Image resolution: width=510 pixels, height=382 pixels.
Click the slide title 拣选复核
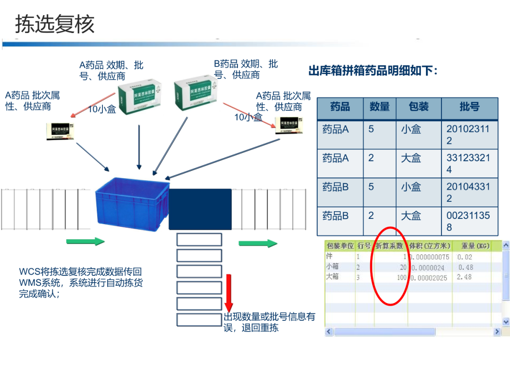click(55, 24)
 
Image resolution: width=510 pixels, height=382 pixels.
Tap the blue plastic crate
click(132, 203)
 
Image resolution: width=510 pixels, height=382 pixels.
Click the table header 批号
click(469, 107)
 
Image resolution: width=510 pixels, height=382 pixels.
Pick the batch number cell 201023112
click(468, 134)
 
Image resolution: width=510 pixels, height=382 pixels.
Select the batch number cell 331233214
click(468, 164)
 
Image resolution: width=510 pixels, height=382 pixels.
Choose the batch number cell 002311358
click(468, 221)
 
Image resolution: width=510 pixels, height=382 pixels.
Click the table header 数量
click(379, 107)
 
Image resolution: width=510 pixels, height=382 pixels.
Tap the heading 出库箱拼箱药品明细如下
click(373, 71)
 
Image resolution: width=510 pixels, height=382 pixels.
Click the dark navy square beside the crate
click(200, 209)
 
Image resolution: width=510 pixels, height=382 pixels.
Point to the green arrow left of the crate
click(85, 241)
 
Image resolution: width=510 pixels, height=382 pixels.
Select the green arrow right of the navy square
click(257, 243)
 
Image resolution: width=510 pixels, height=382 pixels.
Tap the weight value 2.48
click(464, 277)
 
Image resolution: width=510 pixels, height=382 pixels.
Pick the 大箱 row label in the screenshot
click(332, 276)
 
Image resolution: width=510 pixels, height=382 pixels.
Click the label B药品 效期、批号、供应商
click(246, 69)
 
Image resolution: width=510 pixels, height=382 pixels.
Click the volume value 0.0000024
click(430, 267)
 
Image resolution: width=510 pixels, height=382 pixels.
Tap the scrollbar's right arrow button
click(497, 332)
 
